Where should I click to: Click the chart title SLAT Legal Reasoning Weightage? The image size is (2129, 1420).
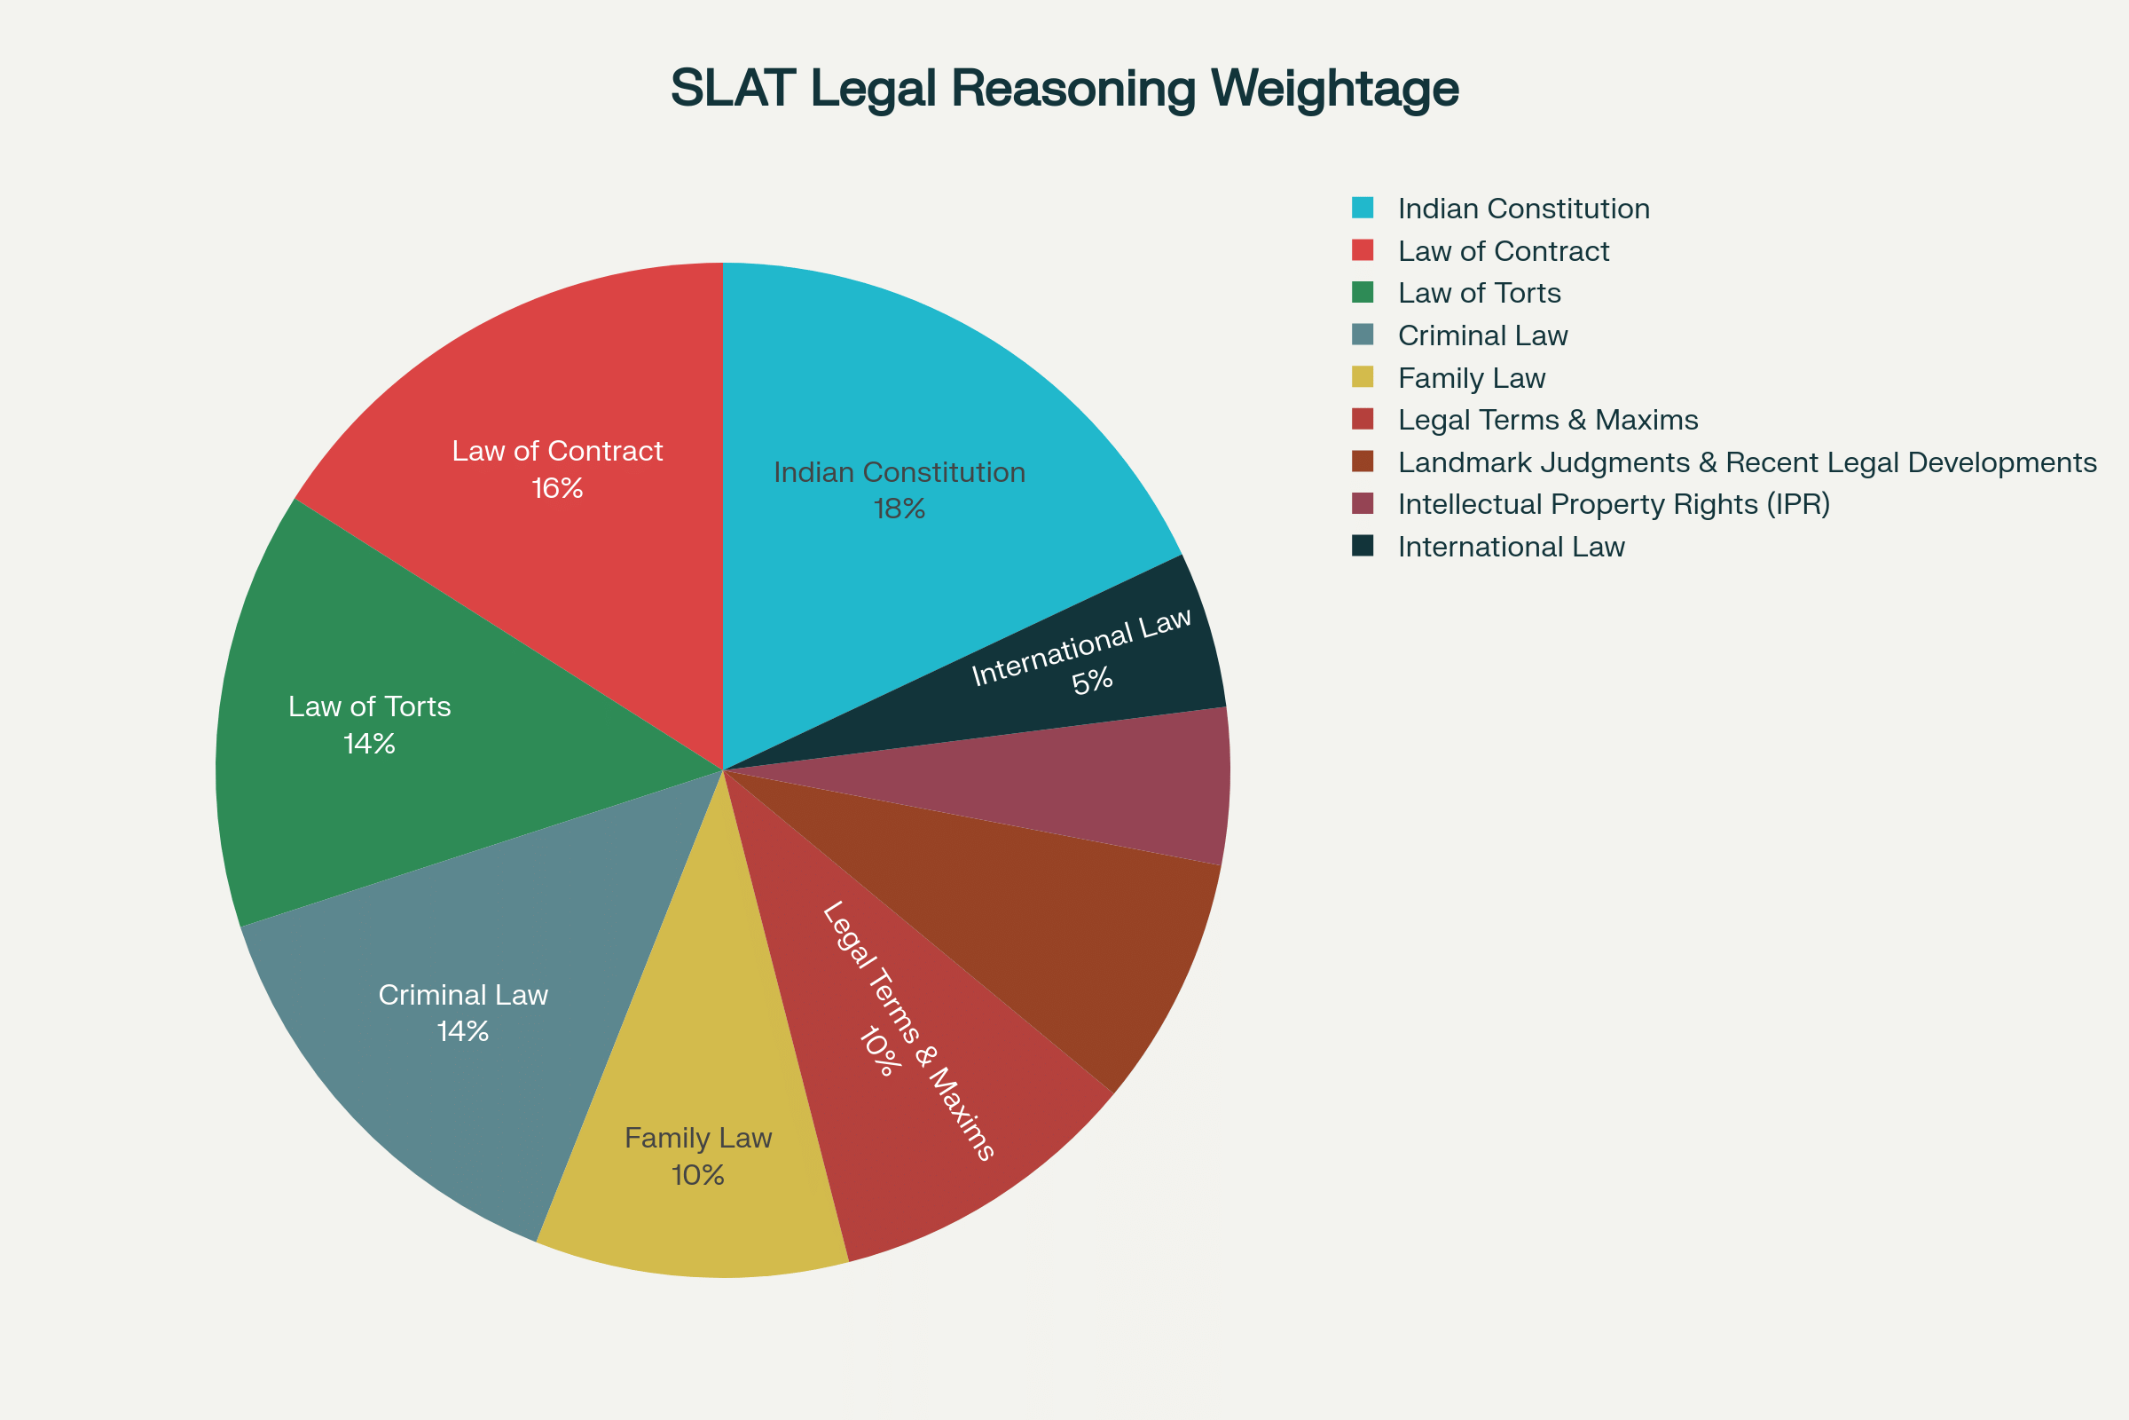(x=1064, y=89)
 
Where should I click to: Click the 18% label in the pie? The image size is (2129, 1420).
(x=899, y=509)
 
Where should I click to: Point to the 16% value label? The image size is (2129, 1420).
(x=557, y=488)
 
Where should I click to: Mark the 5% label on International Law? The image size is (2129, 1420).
(x=1092, y=681)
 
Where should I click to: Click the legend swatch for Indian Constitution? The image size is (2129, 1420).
(x=1363, y=208)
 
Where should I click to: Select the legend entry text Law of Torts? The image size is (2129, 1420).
(x=1479, y=293)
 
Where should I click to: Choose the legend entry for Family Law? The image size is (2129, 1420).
(x=1471, y=378)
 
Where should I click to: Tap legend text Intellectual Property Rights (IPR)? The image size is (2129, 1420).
(x=1613, y=503)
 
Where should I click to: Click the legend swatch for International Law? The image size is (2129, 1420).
(x=1363, y=546)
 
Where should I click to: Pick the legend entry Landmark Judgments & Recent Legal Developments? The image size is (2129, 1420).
(x=1746, y=461)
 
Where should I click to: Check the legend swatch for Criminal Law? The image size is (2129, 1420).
(x=1363, y=335)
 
